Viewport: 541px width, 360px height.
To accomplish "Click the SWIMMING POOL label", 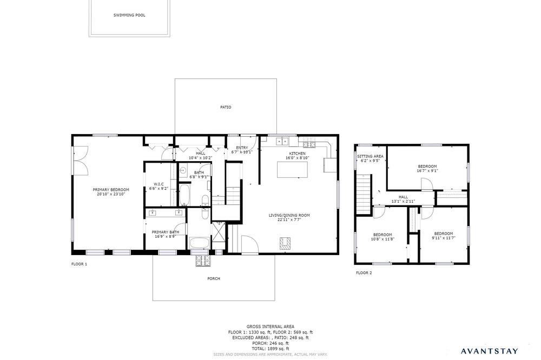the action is pyautogui.click(x=129, y=15).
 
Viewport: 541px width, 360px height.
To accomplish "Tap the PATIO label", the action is pyautogui.click(x=226, y=107).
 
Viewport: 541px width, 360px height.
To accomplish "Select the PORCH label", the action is pyautogui.click(x=214, y=278).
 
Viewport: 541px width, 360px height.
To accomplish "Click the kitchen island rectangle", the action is pyautogui.click(x=292, y=170).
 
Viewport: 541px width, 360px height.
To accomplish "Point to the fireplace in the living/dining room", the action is pyautogui.click(x=286, y=243).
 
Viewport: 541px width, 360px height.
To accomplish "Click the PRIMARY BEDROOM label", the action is pyautogui.click(x=111, y=190).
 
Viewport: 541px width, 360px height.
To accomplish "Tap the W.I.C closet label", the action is pyautogui.click(x=159, y=184).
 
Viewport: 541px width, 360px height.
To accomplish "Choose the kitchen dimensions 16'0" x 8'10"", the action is pyautogui.click(x=297, y=158).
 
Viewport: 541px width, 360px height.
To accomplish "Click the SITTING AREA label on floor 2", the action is pyautogui.click(x=370, y=156).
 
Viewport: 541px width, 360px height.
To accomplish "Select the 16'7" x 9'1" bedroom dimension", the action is pyautogui.click(x=427, y=171).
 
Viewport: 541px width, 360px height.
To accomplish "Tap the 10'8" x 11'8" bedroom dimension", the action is pyautogui.click(x=382, y=239).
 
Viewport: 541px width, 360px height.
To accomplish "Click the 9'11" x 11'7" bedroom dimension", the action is pyautogui.click(x=444, y=238).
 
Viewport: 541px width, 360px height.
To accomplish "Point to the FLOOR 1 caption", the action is pyautogui.click(x=80, y=264).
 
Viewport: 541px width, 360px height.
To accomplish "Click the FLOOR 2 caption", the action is pyautogui.click(x=364, y=273).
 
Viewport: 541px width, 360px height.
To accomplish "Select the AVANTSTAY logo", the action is pyautogui.click(x=490, y=351).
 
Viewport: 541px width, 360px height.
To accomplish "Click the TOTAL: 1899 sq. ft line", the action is pyautogui.click(x=270, y=349).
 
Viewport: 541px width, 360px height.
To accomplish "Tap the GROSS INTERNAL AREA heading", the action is pyautogui.click(x=270, y=326).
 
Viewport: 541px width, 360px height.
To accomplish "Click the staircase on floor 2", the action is pyautogui.click(x=364, y=194).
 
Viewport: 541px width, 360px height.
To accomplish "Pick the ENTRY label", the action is pyautogui.click(x=242, y=148).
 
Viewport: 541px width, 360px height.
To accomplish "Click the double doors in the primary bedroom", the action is pyautogui.click(x=82, y=161).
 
